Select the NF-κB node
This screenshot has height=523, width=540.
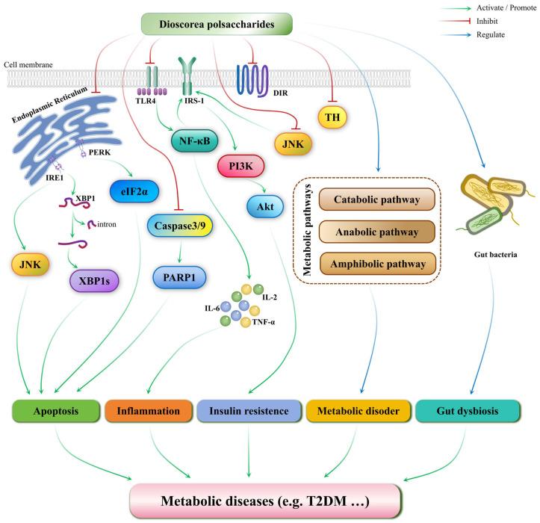click(193, 138)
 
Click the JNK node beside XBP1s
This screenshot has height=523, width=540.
click(30, 263)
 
